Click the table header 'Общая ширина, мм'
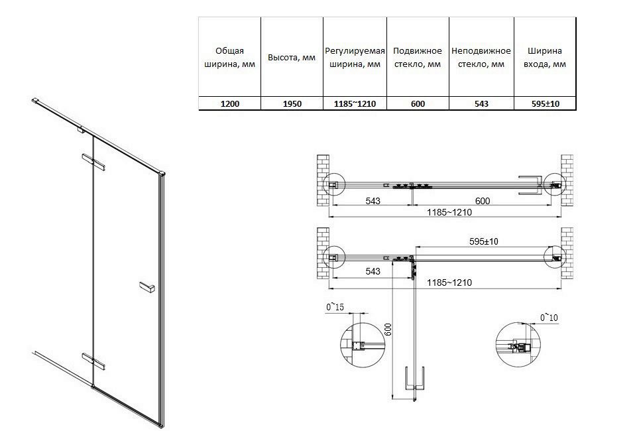pos(229,58)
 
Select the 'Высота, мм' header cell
pos(291,58)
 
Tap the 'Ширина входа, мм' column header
pos(545,58)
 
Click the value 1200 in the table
pos(229,104)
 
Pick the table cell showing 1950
pos(291,104)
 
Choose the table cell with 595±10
pos(545,104)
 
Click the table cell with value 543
pos(481,104)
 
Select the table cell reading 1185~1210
pos(355,104)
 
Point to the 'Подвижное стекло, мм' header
pos(417,58)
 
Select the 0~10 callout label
pos(550,318)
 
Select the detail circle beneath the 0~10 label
pos(517,346)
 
